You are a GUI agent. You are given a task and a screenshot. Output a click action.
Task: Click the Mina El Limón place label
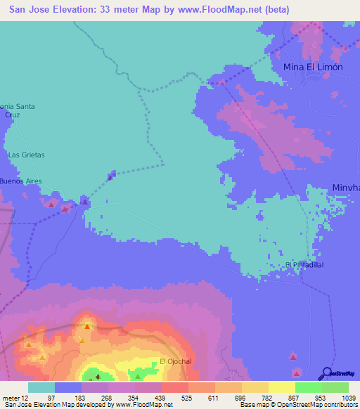coord(313,67)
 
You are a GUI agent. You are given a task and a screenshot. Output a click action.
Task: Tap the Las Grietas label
coord(26,155)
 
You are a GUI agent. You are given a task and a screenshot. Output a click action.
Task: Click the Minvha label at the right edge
coord(345,188)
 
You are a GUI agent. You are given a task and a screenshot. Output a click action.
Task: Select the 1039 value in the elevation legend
coord(340,397)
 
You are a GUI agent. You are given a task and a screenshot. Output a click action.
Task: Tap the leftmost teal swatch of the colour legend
coord(41,387)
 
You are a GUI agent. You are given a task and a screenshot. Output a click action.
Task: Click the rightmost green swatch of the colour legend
coord(335,387)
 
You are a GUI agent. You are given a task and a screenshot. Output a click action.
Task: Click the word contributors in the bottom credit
coord(340,405)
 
